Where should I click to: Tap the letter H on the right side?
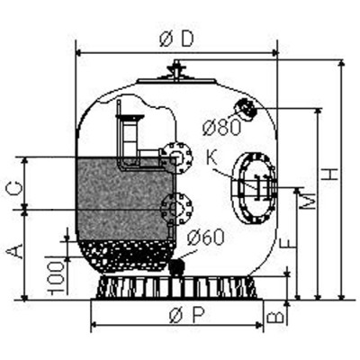[x=333, y=176]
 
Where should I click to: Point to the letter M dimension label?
[x=308, y=202]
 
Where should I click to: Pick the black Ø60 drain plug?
[x=178, y=266]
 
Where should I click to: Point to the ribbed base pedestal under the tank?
[x=180, y=287]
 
